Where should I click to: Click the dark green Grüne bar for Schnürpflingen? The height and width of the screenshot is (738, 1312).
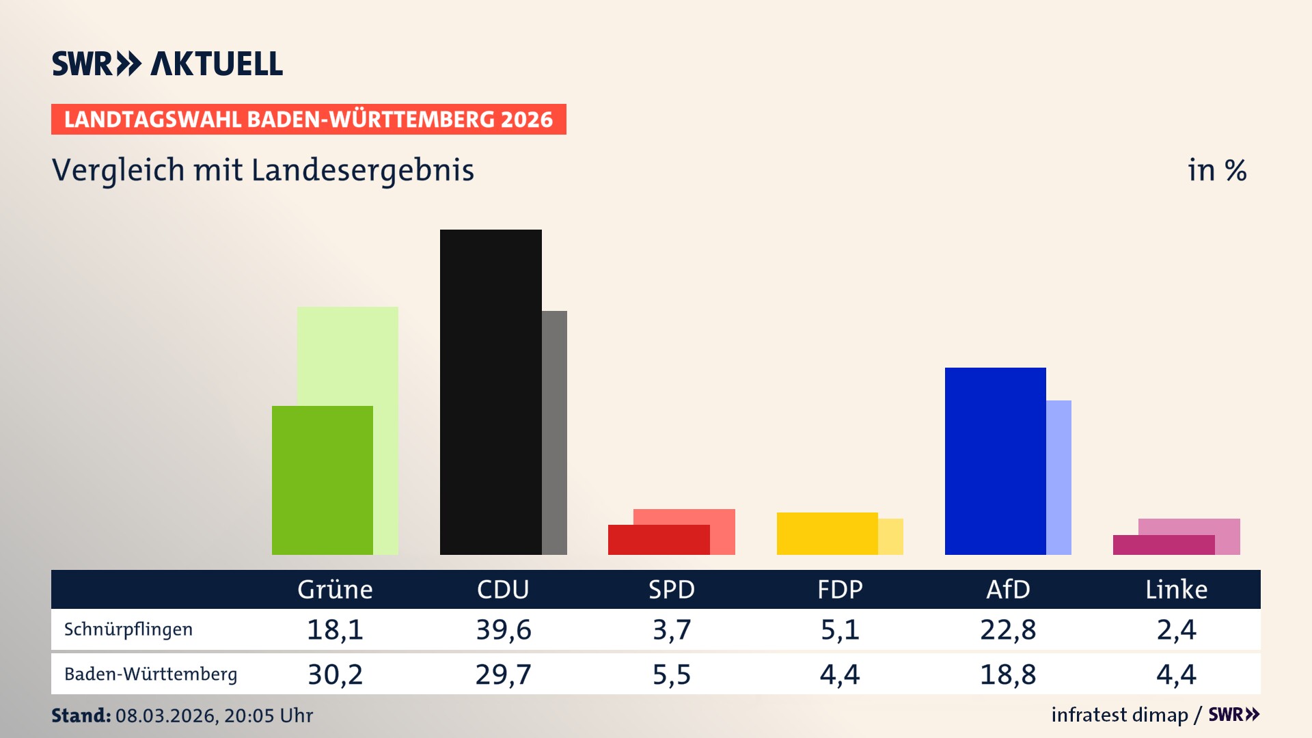tap(322, 480)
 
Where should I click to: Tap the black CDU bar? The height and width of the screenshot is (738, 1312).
tap(491, 392)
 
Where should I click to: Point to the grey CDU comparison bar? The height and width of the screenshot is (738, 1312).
tap(554, 433)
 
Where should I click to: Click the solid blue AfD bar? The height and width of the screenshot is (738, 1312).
tap(995, 461)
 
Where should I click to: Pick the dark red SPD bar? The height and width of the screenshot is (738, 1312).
tap(658, 540)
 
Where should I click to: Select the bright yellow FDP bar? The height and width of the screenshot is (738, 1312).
tap(827, 533)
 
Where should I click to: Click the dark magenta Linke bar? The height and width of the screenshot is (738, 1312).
tap(1163, 545)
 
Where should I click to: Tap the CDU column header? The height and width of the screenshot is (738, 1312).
tap(503, 589)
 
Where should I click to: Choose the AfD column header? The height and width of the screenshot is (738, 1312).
tap(1008, 589)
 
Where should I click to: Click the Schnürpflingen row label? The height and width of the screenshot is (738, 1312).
tap(128, 629)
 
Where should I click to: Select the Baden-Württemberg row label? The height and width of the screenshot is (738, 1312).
tap(150, 674)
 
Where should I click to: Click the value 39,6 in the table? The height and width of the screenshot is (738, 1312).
tap(504, 629)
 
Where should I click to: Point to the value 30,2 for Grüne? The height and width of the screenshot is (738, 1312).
tap(335, 674)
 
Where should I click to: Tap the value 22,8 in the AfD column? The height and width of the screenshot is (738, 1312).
tap(1008, 629)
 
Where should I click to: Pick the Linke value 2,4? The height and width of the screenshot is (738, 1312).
tap(1176, 629)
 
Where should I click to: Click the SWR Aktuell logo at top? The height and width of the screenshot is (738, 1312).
tap(167, 64)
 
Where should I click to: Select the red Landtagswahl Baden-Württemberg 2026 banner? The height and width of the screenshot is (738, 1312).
tap(308, 119)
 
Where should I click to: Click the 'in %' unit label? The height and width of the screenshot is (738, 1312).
tap(1216, 170)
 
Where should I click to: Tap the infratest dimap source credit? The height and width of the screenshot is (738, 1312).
tap(1119, 715)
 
